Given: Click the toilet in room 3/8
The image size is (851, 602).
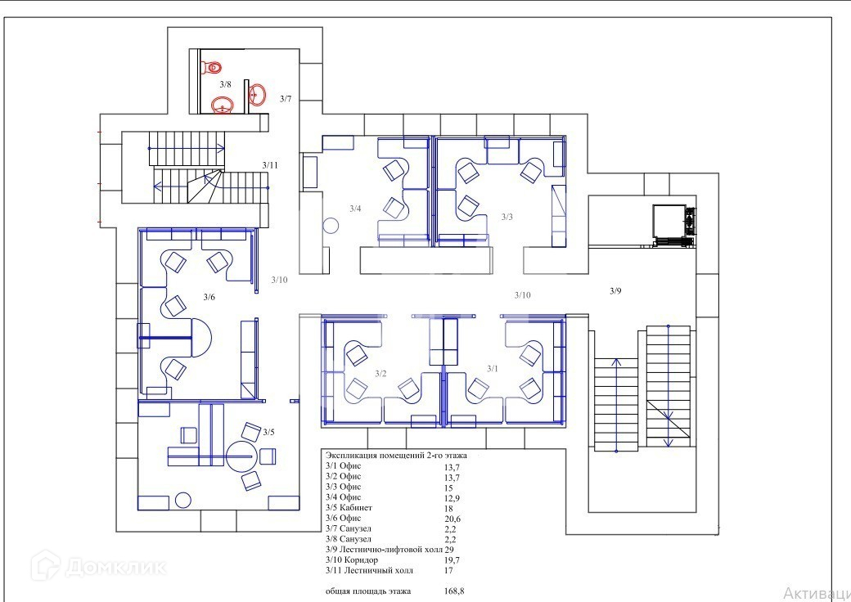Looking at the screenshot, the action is click(213, 67).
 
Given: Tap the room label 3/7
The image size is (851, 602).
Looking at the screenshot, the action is click(286, 99).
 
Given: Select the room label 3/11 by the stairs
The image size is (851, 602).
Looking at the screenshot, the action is click(270, 165).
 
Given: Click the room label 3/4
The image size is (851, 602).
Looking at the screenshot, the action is click(355, 209).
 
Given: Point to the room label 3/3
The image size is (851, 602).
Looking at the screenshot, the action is click(507, 217).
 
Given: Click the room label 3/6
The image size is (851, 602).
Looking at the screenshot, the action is click(209, 297).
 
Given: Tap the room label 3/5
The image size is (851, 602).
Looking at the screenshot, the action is click(268, 432).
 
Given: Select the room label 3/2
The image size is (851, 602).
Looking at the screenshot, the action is click(380, 373).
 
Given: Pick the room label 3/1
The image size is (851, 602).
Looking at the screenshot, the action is click(493, 369).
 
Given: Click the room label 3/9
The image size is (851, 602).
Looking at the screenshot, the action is click(615, 291).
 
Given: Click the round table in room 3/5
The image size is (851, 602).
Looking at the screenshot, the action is click(240, 456).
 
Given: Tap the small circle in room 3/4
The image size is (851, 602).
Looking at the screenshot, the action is click(331, 226).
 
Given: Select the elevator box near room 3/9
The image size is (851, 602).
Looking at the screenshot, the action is click(669, 222).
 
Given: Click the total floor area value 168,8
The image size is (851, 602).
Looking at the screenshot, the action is click(453, 591).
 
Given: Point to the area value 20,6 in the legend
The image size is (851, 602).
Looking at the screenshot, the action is click(452, 519).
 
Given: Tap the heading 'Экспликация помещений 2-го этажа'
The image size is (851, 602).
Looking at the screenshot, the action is click(396, 455).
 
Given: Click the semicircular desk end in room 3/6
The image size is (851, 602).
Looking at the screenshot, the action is click(200, 337).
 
